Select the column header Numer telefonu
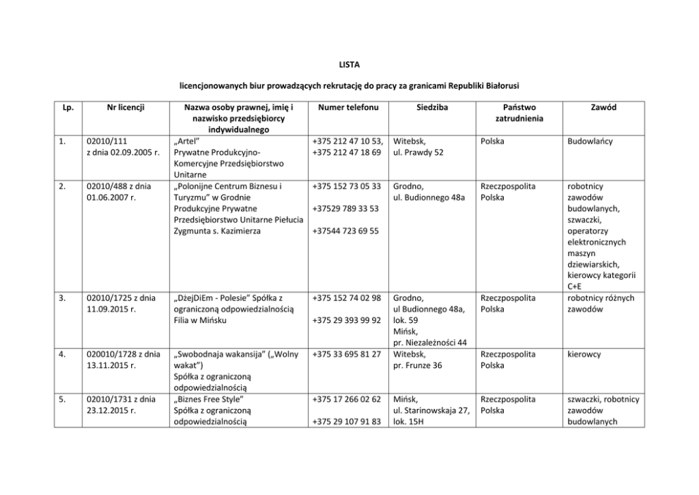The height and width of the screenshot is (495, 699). click(x=348, y=108)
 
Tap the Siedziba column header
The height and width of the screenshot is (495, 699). click(x=430, y=108)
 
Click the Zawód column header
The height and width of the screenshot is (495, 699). click(x=604, y=108)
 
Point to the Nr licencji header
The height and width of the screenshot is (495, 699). click(x=125, y=108)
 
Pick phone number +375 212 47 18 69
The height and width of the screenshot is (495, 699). click(x=347, y=152)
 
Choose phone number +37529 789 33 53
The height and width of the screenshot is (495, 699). click(x=345, y=209)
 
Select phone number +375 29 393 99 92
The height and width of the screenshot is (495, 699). click(x=347, y=320)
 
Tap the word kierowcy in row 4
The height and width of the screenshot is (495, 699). click(x=583, y=354)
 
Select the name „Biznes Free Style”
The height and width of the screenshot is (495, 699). click(x=208, y=399)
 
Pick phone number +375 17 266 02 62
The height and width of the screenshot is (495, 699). click(x=347, y=399)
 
